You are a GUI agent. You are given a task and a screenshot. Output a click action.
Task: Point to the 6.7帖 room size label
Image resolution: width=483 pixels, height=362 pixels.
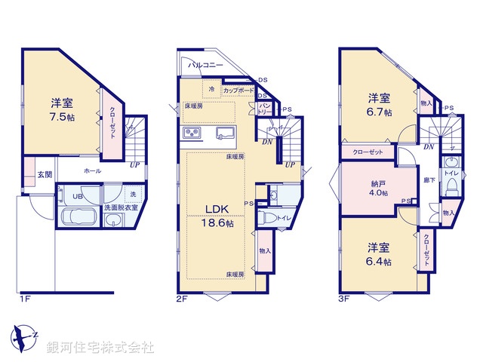point(380,112)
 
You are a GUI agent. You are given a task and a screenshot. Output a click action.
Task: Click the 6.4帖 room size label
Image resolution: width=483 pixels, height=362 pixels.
point(379,262)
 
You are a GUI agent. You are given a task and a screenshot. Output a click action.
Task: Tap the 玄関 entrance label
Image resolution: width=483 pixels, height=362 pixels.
point(45,175)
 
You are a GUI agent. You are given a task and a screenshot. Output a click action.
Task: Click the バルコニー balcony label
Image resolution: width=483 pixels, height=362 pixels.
point(205,66)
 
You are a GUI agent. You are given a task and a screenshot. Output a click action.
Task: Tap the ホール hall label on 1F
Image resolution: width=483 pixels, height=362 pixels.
point(92,171)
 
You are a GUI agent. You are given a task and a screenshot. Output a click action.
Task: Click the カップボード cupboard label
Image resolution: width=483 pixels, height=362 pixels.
point(238,90)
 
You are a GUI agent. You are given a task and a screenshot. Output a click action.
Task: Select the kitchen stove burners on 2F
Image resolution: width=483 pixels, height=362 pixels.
point(191,134)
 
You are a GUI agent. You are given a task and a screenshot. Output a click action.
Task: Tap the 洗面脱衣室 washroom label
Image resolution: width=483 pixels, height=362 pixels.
point(121,207)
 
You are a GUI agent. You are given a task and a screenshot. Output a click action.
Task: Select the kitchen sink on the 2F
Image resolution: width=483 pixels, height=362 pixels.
point(226,134)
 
